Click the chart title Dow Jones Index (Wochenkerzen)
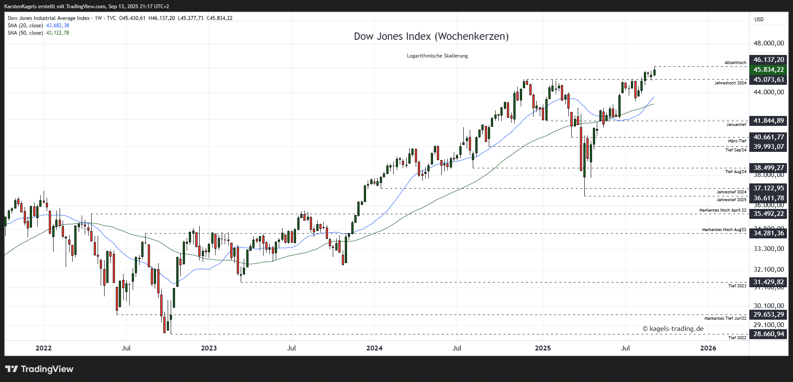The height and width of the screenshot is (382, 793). [x=431, y=36]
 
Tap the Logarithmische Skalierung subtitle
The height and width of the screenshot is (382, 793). [x=437, y=56]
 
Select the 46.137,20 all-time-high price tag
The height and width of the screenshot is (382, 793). [x=768, y=60]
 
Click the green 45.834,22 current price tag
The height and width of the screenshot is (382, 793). [x=768, y=70]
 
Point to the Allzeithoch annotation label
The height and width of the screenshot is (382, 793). [x=735, y=63]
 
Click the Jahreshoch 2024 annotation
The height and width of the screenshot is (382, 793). [x=730, y=83]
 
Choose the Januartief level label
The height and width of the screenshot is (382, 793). [x=736, y=125]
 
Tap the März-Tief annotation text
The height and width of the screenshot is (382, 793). [x=737, y=141]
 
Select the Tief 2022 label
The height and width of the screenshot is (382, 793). [x=737, y=338]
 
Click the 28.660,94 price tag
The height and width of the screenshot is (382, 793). [x=768, y=334]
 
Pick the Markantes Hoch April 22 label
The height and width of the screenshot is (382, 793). [x=723, y=210]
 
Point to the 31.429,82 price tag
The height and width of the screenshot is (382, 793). [x=768, y=282]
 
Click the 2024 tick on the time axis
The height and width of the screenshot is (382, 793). [x=374, y=348]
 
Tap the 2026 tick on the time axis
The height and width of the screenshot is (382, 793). [x=708, y=348]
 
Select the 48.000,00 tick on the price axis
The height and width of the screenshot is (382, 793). [x=768, y=43]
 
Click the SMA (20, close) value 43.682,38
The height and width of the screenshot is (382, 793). [x=57, y=26]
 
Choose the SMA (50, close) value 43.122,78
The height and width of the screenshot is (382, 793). [x=57, y=33]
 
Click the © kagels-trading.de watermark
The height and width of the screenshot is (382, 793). [x=673, y=329]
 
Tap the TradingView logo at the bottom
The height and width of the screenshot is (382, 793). [x=39, y=369]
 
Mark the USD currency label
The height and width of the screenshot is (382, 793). [x=759, y=19]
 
